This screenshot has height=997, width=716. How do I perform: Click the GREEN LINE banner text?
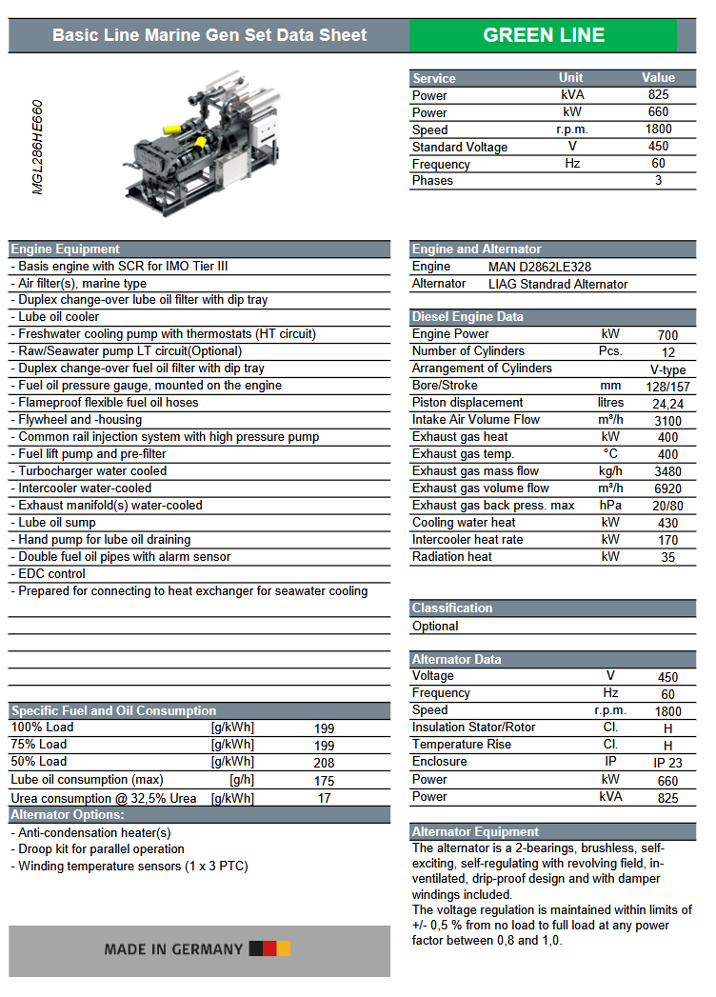pyautogui.click(x=544, y=35)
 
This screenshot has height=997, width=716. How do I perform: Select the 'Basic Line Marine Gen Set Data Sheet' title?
pyautogui.click(x=209, y=35)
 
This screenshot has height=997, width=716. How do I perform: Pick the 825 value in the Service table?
pyautogui.click(x=658, y=95)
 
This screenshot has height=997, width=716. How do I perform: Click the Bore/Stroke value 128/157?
pyautogui.click(x=668, y=387)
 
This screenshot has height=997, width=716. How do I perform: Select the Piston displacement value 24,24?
pyautogui.click(x=668, y=404)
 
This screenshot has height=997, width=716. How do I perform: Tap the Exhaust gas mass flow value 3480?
pyautogui.click(x=668, y=472)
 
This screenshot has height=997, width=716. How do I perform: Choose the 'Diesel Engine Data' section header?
pyautogui.click(x=467, y=317)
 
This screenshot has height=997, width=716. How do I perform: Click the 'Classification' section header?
pyautogui.click(x=452, y=608)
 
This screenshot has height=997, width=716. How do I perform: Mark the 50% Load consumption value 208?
pyautogui.click(x=325, y=763)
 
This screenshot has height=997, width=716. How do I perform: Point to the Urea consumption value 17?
pyautogui.click(x=325, y=798)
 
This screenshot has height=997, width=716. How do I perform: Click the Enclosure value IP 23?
pyautogui.click(x=668, y=763)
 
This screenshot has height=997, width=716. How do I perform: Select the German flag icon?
pyautogui.click(x=269, y=948)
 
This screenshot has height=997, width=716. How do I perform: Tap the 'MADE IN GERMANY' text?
pyautogui.click(x=173, y=949)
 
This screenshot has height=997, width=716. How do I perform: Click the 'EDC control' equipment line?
pyautogui.click(x=52, y=574)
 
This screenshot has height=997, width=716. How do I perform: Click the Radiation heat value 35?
pyautogui.click(x=668, y=558)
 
